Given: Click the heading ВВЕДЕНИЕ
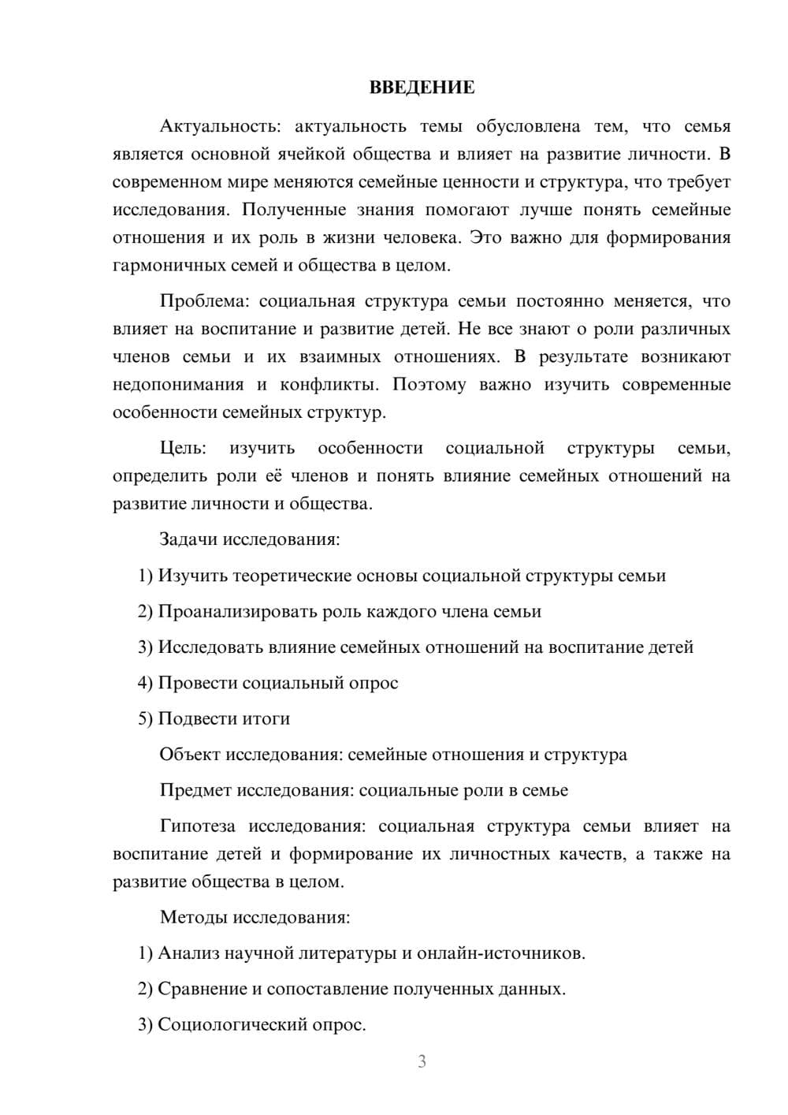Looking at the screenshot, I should coord(422,88).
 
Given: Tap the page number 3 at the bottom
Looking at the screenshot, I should coord(422,1061).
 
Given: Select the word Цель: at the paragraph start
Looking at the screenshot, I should coord(183,448).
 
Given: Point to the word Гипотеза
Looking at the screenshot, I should coord(197,826).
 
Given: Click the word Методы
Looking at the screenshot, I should coord(190,917).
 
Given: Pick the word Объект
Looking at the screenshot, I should coord(190,755).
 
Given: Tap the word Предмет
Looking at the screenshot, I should coord(195,790).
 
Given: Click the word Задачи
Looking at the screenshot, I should coord(189,539).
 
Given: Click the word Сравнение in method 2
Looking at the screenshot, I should coord(203,989).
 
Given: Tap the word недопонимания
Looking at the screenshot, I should coord(178,385).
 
